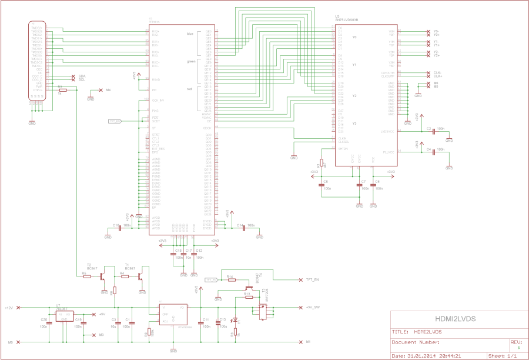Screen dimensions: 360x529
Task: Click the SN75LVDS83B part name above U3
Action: click(346, 20)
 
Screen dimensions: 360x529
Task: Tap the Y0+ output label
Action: click(436, 35)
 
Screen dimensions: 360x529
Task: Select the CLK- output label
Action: click(437, 72)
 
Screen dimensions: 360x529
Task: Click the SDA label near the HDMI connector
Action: click(82, 76)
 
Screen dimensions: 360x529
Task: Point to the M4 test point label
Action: click(109, 89)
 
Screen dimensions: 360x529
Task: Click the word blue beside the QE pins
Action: click(190, 34)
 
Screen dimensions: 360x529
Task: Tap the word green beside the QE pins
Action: click(190, 61)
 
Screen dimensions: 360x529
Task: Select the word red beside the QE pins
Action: click(189, 89)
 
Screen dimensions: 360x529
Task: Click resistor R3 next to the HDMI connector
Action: click(63, 90)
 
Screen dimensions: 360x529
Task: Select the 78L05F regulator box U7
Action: click(64, 316)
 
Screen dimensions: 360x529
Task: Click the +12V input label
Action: click(8, 308)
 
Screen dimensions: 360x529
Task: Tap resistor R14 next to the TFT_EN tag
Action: click(230, 279)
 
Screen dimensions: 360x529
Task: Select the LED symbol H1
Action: click(236, 321)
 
